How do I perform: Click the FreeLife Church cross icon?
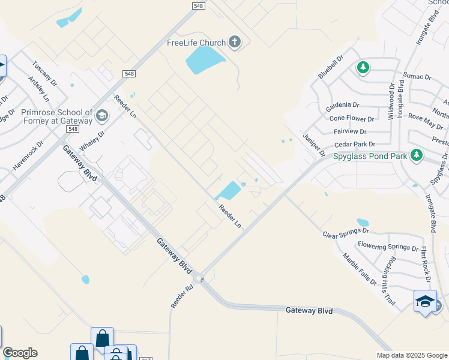click(234, 42)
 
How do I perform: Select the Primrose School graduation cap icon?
click(101, 115)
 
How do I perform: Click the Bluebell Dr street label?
click(330, 67)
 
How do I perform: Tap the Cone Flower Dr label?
click(351, 119)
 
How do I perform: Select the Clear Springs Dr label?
click(345, 232)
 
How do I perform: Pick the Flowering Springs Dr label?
click(388, 246)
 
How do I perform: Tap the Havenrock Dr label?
click(28, 157)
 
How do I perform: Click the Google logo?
click(20, 353)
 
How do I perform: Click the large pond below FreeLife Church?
click(205, 59)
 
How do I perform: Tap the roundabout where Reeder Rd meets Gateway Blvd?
click(199, 278)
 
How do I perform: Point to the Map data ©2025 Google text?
click(412, 355)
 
